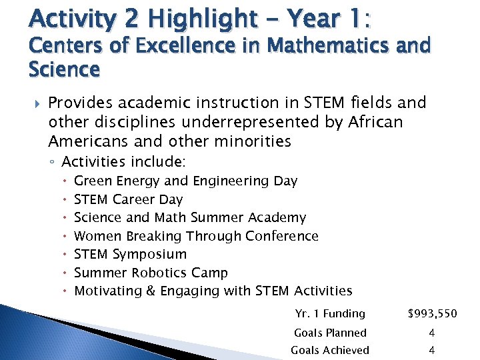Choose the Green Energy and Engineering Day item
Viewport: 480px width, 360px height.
point(185,181)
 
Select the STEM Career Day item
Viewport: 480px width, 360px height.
point(128,199)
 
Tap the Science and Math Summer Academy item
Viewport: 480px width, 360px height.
point(190,217)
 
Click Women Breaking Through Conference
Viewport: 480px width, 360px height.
point(196,236)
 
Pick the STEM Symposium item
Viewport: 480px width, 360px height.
point(130,254)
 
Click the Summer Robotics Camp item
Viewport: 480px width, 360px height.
point(151,273)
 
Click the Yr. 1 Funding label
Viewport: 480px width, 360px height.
point(330,313)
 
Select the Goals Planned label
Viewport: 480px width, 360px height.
point(331,333)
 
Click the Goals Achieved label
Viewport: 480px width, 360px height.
point(330,350)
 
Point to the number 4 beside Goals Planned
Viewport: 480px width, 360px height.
point(432,333)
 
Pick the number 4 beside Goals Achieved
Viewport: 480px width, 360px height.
point(432,350)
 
